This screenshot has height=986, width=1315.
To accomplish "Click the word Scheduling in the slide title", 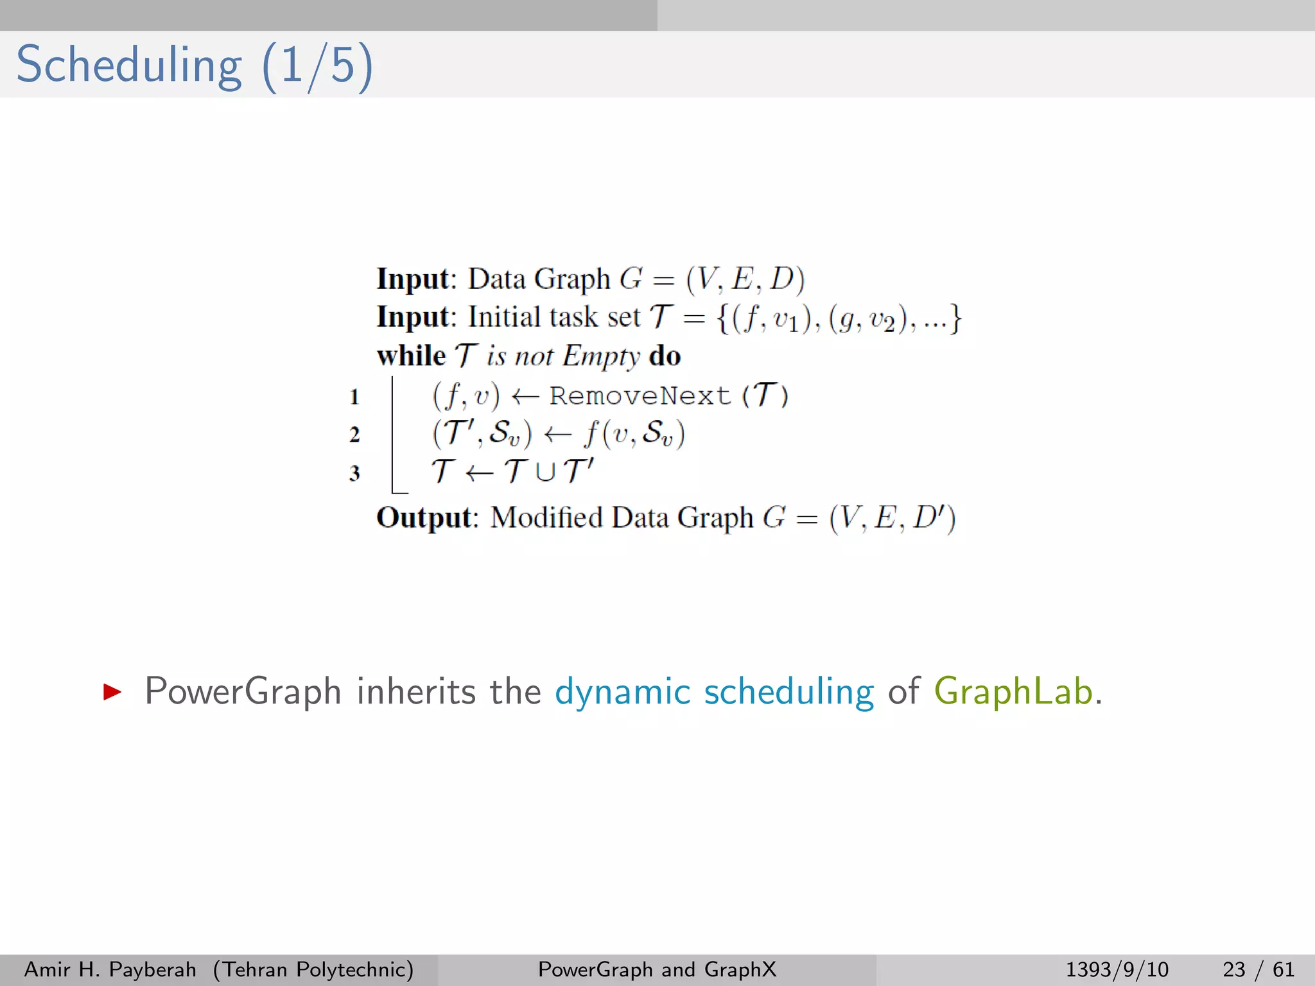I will (x=128, y=65).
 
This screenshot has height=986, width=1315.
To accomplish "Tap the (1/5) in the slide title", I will (x=317, y=65).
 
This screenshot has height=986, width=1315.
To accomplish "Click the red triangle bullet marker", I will (x=112, y=691).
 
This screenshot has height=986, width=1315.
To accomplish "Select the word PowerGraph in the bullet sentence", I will (x=243, y=691).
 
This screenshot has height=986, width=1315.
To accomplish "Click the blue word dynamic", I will (x=622, y=691).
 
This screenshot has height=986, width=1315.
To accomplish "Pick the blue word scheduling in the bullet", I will (x=788, y=691).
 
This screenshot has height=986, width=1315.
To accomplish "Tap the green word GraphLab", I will (x=1013, y=691).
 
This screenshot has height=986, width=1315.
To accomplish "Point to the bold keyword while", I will (x=411, y=356).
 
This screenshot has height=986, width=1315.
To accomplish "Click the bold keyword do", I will (x=665, y=356).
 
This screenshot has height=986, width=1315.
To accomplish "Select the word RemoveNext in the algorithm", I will (x=640, y=395).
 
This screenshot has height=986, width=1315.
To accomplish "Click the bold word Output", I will (x=424, y=517).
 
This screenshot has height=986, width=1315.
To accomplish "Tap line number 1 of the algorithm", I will (x=354, y=397).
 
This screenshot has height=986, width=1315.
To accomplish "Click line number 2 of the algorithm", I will (x=354, y=435).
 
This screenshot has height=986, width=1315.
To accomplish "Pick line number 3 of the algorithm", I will (x=354, y=473).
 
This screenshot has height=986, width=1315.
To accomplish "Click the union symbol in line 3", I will (x=545, y=472).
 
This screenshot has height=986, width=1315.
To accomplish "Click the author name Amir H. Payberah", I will (x=110, y=969).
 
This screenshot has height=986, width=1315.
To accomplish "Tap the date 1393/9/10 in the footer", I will (x=1117, y=969).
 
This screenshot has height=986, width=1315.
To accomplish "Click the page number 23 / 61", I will (x=1258, y=969).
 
